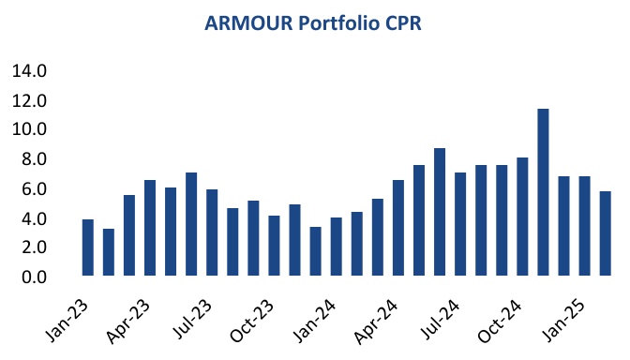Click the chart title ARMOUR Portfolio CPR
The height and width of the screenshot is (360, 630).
[x=314, y=24]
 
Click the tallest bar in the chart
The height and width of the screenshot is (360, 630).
[x=543, y=192]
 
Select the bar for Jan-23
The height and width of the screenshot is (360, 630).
[x=88, y=247]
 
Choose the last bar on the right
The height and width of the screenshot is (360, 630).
[x=606, y=233]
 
